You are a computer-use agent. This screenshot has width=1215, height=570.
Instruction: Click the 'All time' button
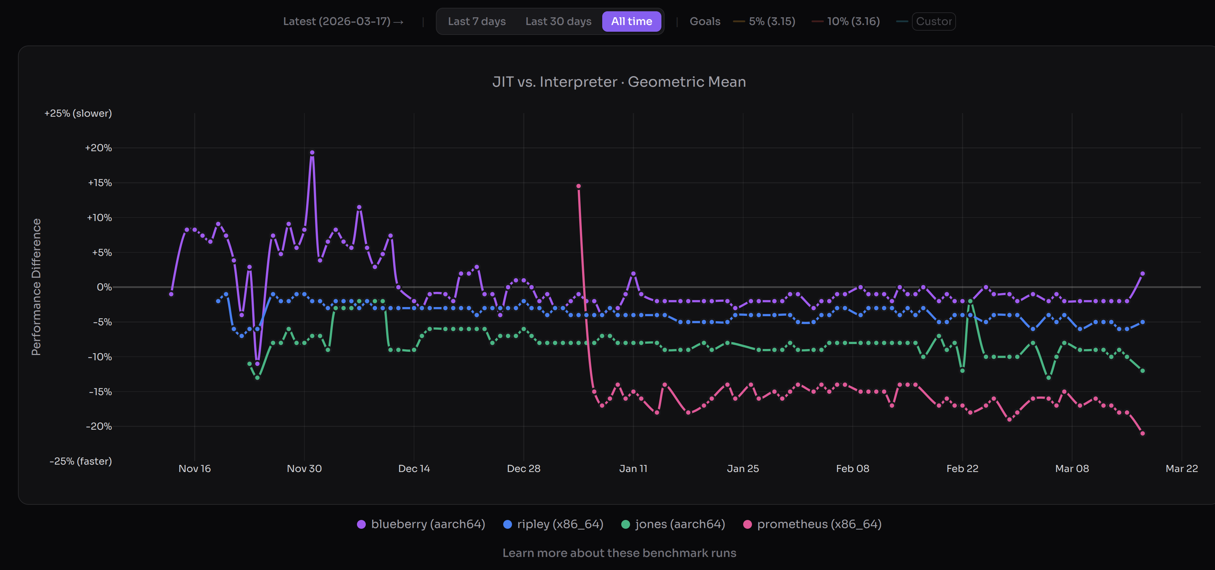coord(631,21)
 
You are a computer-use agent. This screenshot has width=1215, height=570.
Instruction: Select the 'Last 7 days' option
coord(476,21)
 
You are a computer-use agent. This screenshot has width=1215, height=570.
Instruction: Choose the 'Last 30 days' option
coord(558,21)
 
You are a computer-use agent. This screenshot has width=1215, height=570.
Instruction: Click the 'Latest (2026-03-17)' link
coord(343,21)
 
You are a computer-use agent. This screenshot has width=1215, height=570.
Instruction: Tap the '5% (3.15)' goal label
coord(772,21)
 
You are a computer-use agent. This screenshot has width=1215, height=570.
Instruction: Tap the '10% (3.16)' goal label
coord(853,21)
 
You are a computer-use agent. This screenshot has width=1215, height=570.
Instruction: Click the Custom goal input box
coord(933,21)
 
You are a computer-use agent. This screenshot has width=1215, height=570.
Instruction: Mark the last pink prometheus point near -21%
coord(1142,433)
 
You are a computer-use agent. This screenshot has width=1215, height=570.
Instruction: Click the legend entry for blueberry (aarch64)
coord(421,524)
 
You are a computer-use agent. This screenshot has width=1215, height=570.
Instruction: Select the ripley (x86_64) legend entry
coord(553,524)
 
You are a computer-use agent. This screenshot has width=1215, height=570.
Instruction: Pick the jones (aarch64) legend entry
coord(673,524)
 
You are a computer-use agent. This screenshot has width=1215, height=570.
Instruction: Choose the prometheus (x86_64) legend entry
coord(812,524)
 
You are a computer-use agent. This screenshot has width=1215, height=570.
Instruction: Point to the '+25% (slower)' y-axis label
coord(78,113)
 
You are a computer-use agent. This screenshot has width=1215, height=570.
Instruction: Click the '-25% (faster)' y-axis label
coord(81,461)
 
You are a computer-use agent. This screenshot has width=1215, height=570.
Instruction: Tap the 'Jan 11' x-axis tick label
coord(633,468)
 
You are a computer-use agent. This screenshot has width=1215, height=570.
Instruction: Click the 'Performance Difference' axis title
coord(36,287)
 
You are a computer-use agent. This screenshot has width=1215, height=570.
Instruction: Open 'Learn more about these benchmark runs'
coord(619,553)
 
